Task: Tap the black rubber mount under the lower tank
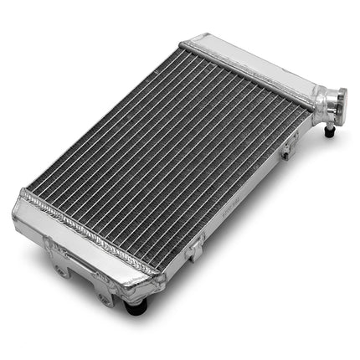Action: [x=135, y=306]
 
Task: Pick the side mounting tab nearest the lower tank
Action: [x=194, y=248]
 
